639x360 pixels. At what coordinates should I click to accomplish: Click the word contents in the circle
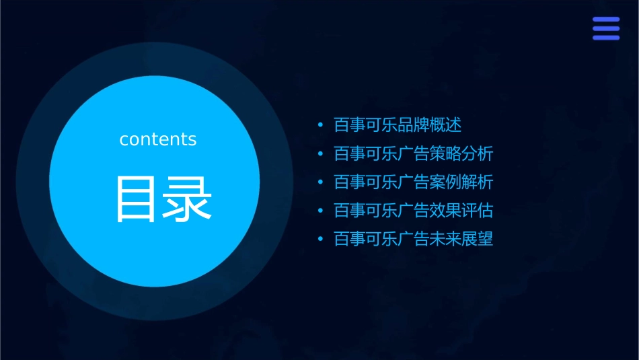click(158, 139)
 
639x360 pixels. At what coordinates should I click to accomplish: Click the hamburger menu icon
click(606, 29)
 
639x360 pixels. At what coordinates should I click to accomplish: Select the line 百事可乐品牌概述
click(398, 125)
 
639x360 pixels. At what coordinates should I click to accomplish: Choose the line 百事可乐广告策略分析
click(414, 153)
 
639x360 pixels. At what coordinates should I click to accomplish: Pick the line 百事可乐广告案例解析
click(414, 182)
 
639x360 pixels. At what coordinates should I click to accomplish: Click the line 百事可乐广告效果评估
click(414, 211)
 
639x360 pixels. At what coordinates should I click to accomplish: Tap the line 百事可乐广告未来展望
click(414, 239)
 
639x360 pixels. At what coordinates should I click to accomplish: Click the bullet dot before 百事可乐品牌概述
click(320, 126)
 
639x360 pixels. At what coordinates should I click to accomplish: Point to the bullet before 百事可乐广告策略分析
click(320, 154)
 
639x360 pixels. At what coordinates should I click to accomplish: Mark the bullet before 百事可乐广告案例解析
click(320, 183)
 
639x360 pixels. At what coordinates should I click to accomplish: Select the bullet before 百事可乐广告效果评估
click(320, 211)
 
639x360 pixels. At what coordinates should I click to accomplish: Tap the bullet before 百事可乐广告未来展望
click(320, 240)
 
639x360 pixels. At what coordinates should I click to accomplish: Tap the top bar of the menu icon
click(606, 20)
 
